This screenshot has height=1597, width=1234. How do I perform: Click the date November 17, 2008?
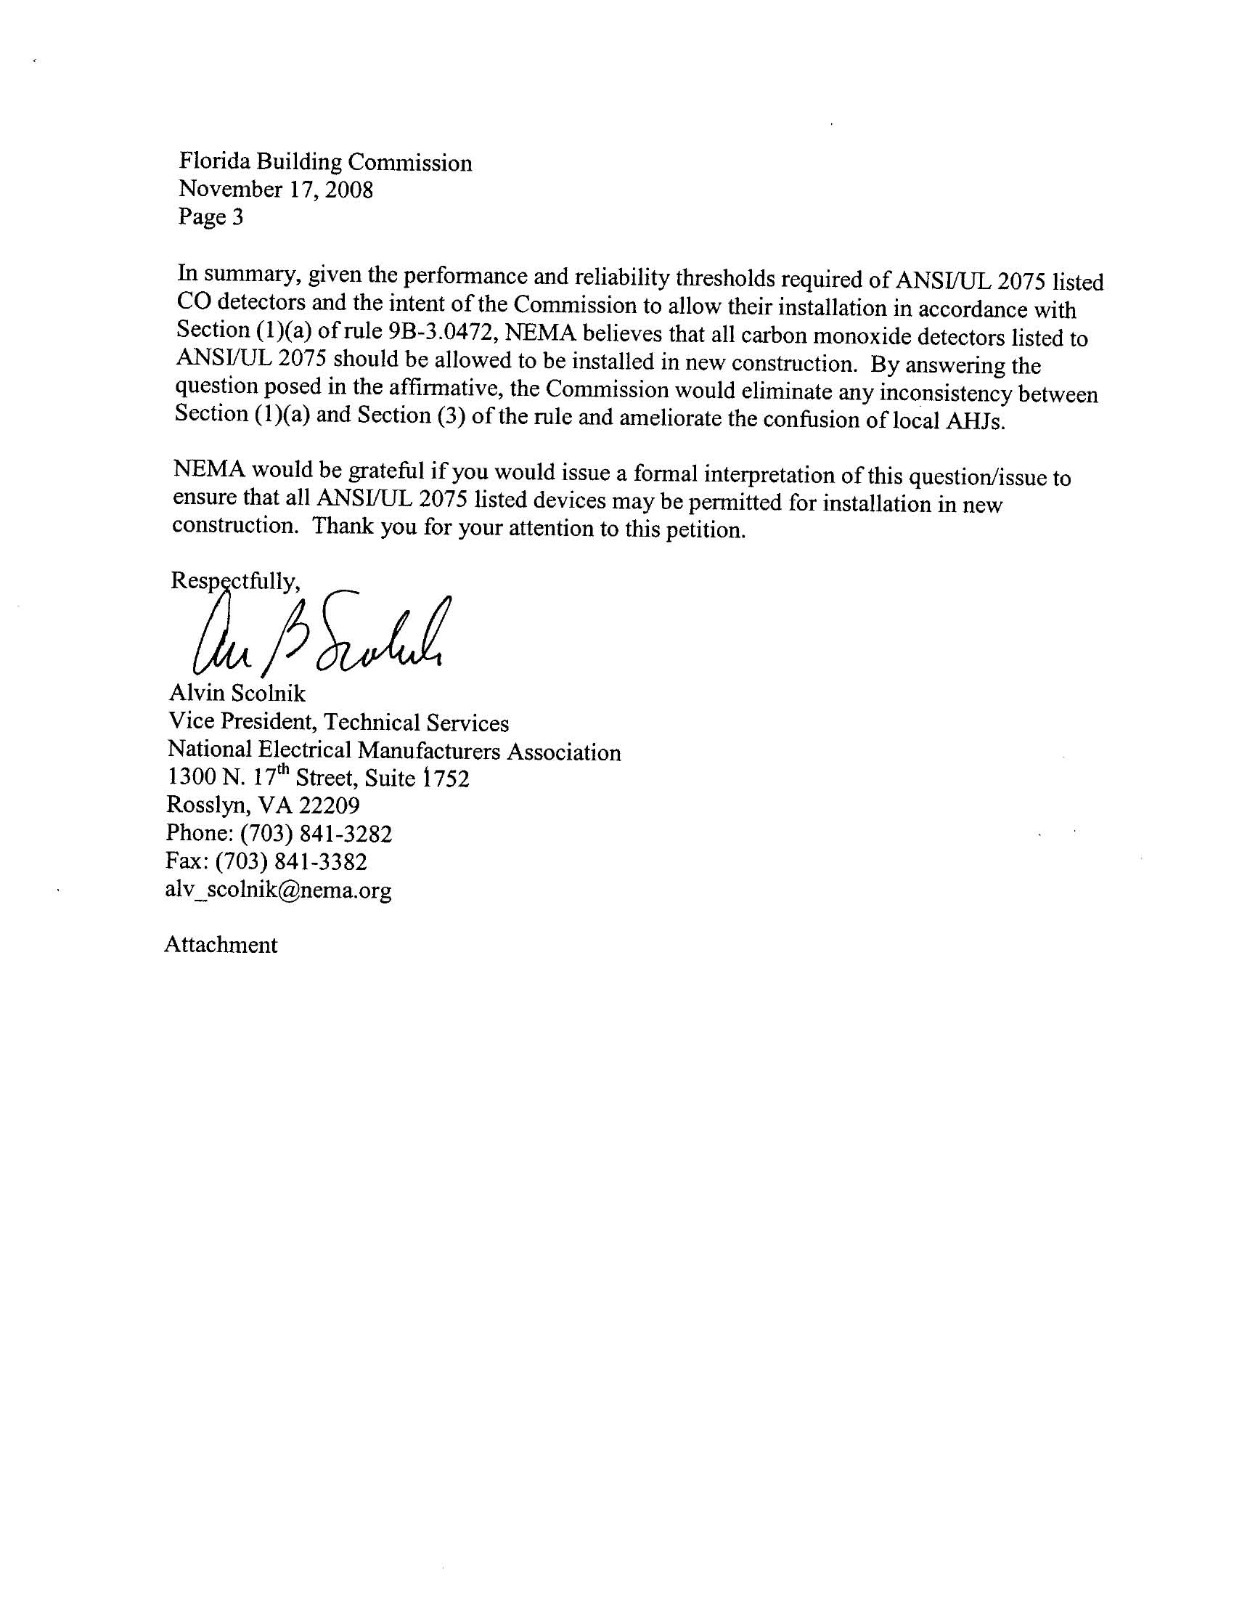pyautogui.click(x=276, y=190)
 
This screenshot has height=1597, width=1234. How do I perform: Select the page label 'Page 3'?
pyautogui.click(x=211, y=216)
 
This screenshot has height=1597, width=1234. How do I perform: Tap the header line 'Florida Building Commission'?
pyautogui.click(x=325, y=163)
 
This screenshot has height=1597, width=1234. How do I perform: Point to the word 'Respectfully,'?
pyautogui.click(x=234, y=580)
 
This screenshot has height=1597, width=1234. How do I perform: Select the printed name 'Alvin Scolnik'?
pyautogui.click(x=237, y=693)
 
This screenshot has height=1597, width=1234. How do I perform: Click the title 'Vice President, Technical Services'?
pyautogui.click(x=338, y=722)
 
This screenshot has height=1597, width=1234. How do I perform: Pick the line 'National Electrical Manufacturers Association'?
pyautogui.click(x=394, y=751)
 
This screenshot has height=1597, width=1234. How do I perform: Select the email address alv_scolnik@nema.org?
pyautogui.click(x=279, y=890)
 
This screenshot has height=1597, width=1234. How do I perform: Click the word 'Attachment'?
pyautogui.click(x=221, y=945)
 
